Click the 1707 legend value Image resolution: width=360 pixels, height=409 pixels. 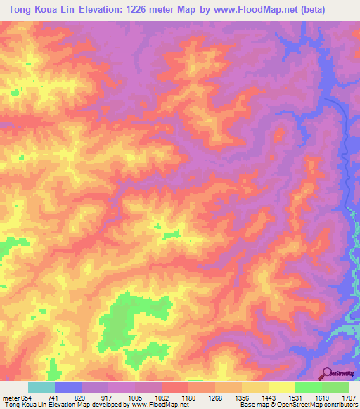coord(350,398)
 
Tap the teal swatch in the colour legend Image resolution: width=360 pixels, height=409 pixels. coord(41,387)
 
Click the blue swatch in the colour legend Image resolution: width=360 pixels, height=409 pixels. coord(68,387)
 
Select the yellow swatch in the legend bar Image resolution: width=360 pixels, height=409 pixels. coord(282,387)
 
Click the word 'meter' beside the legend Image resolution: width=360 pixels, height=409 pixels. coord(10,398)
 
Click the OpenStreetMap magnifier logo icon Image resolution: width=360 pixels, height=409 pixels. coord(328,373)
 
